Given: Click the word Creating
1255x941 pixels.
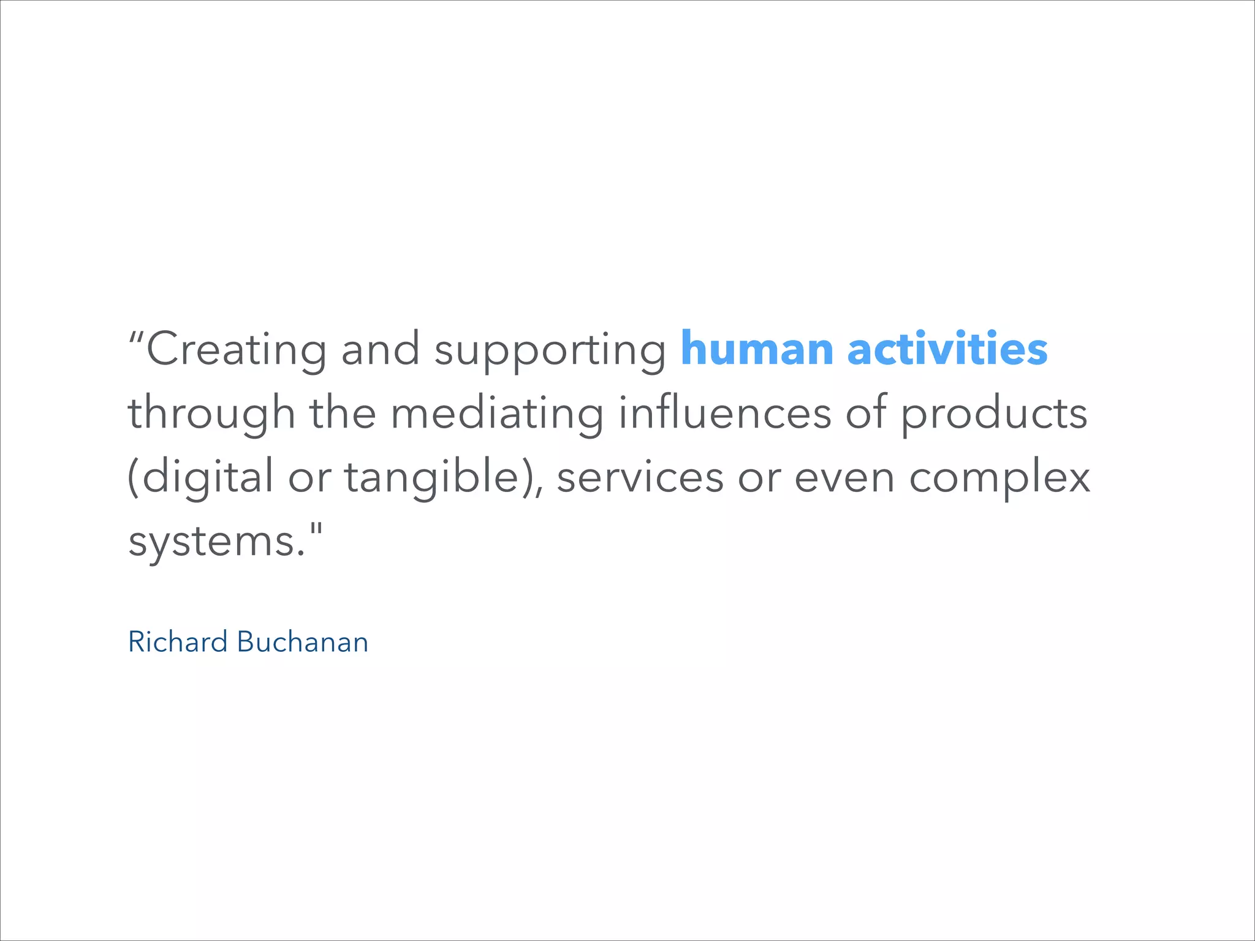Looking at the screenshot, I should [x=236, y=349].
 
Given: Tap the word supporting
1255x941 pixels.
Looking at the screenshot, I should [x=550, y=350].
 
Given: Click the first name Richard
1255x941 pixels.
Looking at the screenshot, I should [x=178, y=642].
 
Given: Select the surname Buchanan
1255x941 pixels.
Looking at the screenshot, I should [x=302, y=642].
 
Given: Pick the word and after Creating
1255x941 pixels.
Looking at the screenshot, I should [x=380, y=349].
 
